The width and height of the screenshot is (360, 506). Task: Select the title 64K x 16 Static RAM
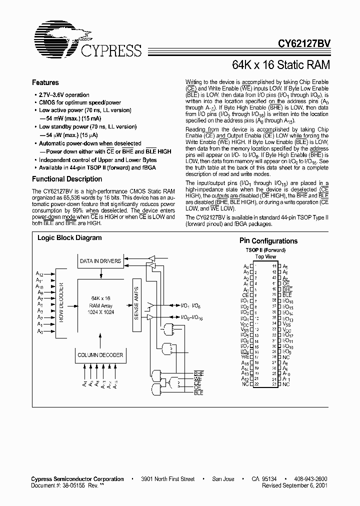click(281, 64)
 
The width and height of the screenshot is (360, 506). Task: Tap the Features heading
click(45, 82)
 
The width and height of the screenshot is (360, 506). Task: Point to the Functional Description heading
click(64, 179)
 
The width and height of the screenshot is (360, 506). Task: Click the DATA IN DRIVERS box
click(100, 260)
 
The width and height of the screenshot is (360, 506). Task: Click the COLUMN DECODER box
click(100, 355)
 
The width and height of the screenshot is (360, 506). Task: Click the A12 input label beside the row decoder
click(39, 274)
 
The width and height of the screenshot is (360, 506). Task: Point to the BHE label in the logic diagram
click(199, 373)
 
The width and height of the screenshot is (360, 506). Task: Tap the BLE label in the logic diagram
click(199, 394)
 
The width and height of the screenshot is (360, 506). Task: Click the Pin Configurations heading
click(268, 241)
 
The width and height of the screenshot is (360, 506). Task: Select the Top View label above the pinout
click(265, 256)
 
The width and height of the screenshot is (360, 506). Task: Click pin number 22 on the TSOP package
click(255, 384)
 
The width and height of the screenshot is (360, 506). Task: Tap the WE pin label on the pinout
click(245, 356)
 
